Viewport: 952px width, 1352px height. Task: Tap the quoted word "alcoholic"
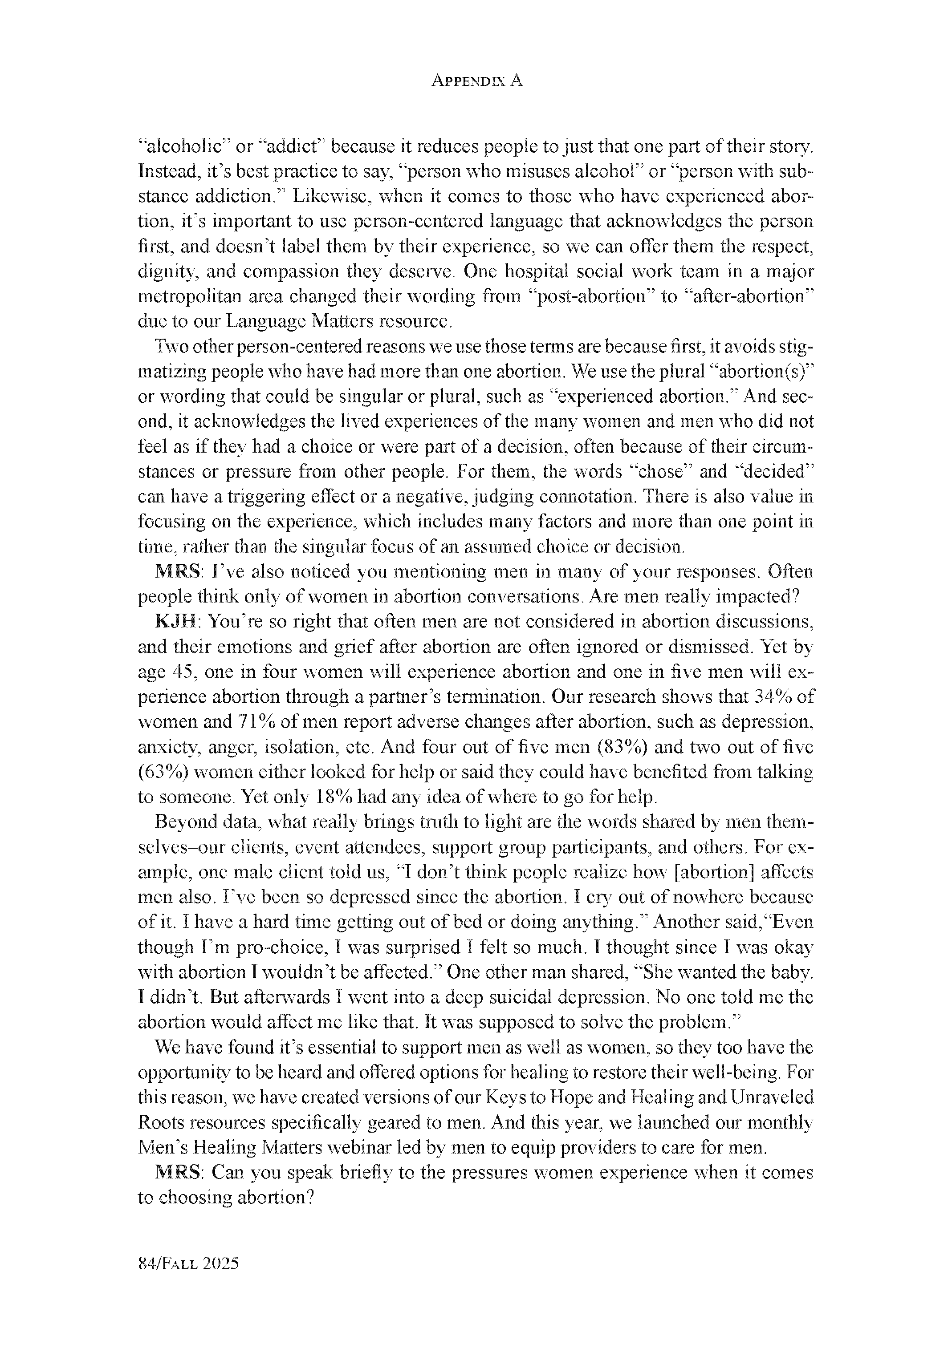[183, 146]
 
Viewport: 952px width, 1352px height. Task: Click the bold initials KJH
[175, 621]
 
